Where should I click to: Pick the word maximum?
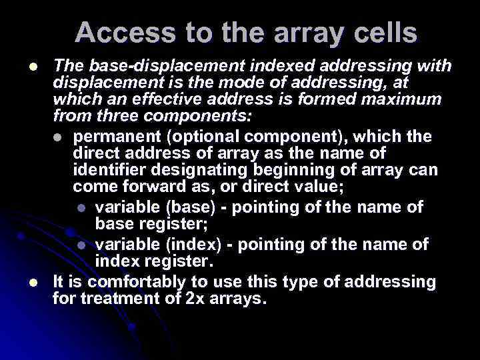click(397, 100)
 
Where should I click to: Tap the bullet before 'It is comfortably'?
click(33, 282)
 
